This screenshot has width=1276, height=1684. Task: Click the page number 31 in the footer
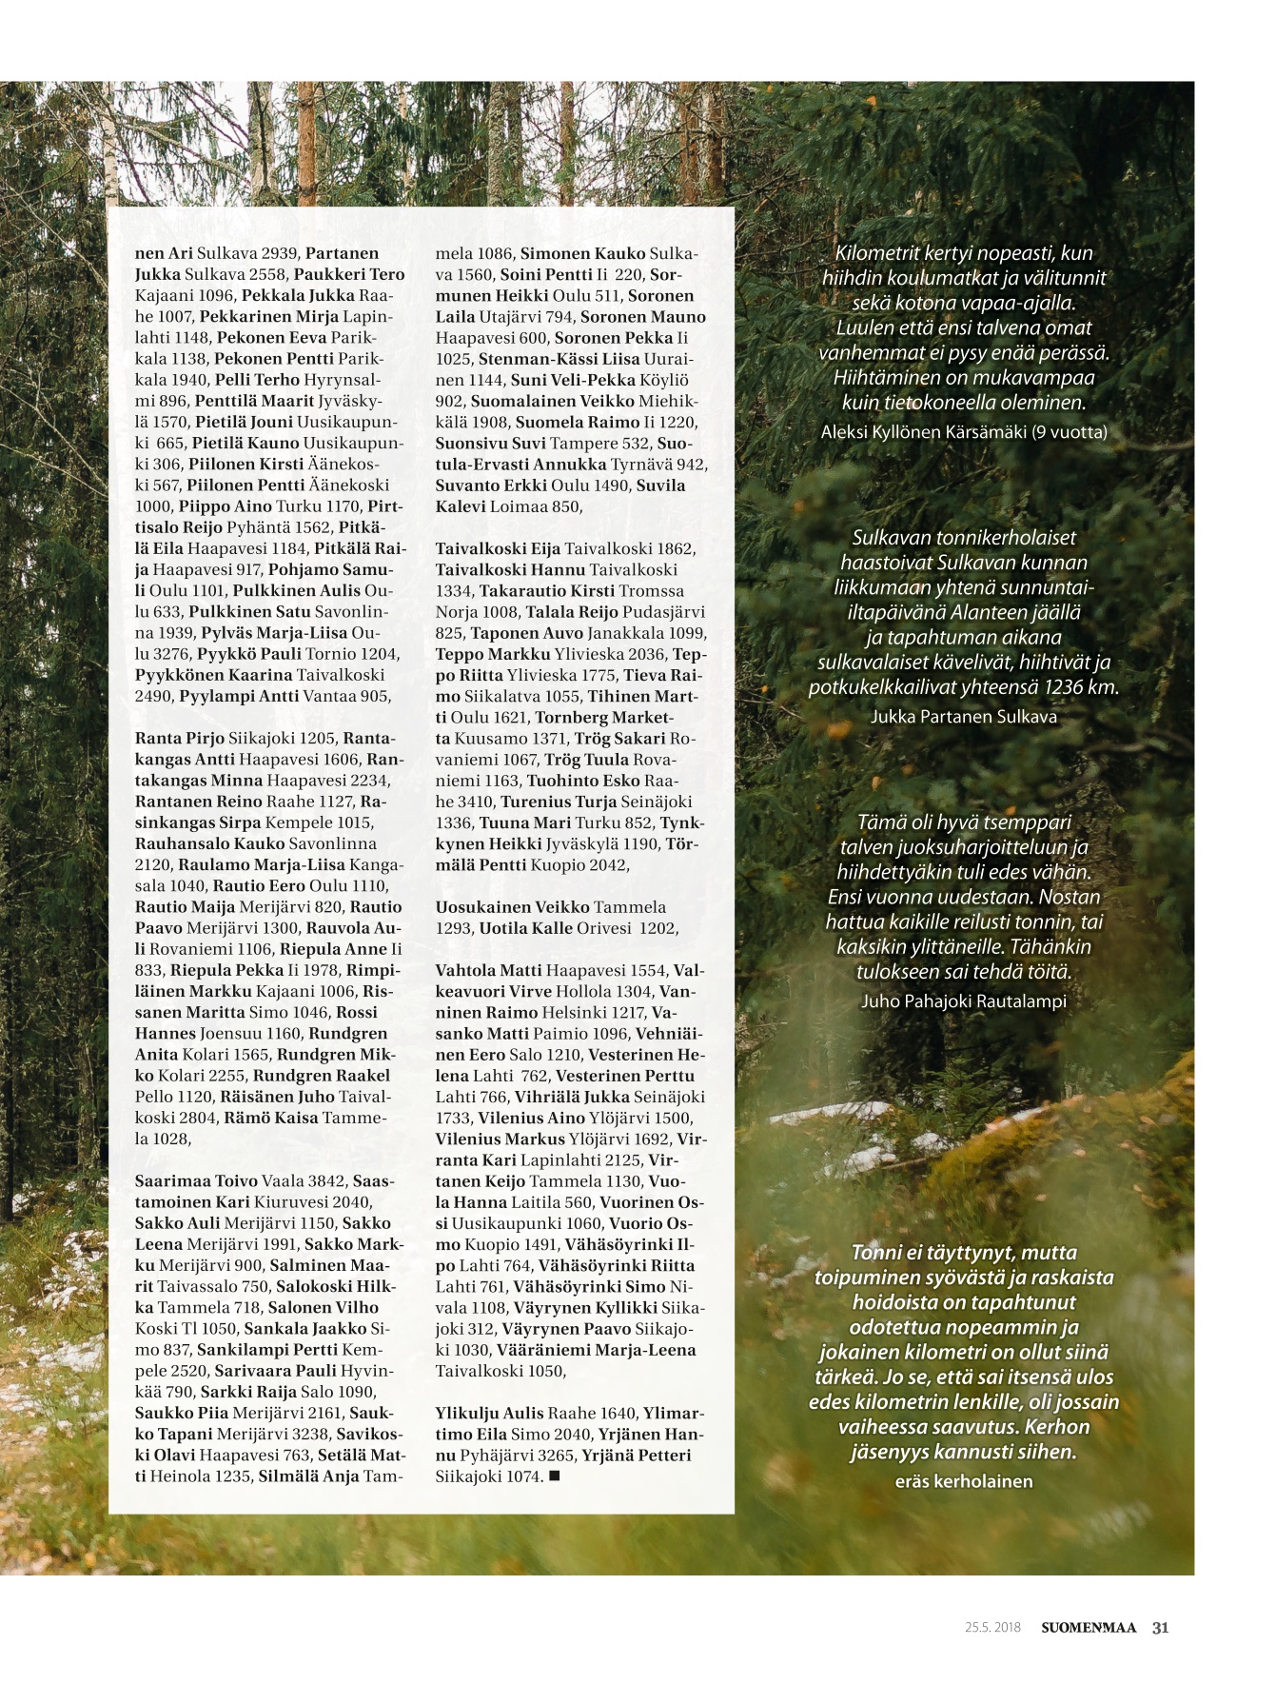[x=1160, y=1627]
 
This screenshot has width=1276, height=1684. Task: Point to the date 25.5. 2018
[x=992, y=1627]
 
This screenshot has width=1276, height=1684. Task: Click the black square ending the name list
[x=555, y=1476]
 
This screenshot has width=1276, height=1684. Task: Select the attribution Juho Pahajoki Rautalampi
[x=963, y=1001]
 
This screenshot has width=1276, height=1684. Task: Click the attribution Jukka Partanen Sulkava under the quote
[x=963, y=717]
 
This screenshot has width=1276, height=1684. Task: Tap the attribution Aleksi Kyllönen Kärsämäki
[x=963, y=432]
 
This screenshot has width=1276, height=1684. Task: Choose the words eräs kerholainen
[x=963, y=1481]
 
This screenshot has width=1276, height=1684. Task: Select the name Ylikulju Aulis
[x=489, y=1414]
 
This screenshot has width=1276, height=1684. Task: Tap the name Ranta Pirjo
[x=180, y=739]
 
